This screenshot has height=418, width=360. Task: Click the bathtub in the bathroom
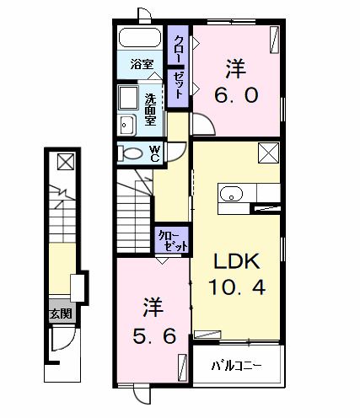point(141,39)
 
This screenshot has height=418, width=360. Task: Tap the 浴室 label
point(141,64)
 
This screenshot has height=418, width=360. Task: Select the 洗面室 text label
point(151,109)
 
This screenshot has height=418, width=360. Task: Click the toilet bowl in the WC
point(132,154)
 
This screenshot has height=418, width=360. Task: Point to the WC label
point(156,153)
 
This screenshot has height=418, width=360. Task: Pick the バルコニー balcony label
point(235,367)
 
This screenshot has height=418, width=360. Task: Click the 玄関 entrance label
point(60,314)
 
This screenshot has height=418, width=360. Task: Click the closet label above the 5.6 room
point(170,241)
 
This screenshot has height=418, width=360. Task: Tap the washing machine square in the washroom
point(129,98)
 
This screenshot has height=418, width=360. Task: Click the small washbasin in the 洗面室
point(128,126)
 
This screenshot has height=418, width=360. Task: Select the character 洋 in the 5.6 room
point(152,303)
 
